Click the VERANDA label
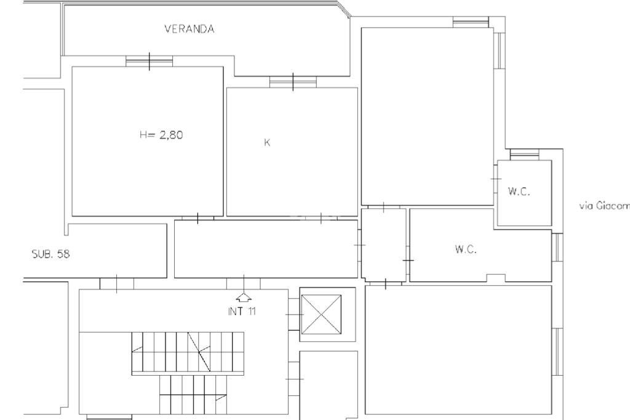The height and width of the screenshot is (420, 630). pos(189,29)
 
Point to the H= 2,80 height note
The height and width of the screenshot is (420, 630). pos(161,135)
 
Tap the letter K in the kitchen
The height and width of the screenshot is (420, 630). pos(267,142)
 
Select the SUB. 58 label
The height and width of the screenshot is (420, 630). pos(50,254)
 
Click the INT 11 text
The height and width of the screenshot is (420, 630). pos(241,311)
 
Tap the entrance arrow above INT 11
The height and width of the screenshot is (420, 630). pos(244,297)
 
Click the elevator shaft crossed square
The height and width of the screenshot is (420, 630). pos(321,315)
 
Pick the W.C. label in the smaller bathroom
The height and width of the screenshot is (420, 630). pos(519,192)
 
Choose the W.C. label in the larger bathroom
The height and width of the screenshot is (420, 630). pos(466,249)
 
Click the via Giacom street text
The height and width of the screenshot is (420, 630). pos(604,206)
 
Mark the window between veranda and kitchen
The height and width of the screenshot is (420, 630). pos(293,82)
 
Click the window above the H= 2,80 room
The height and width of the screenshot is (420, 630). pos(149,61)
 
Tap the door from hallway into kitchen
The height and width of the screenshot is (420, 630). pos(321,218)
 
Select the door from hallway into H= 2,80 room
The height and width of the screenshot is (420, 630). pos(197,218)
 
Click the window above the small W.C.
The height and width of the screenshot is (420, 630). pos(524,155)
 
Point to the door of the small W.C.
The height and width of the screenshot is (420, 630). pos(496,179)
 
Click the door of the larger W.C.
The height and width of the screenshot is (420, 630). pos(409,260)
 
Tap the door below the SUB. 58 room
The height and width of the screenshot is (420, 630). pos(116,284)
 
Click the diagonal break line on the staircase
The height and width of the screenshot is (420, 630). pos(199,352)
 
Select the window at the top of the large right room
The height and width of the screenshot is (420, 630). pos(471,22)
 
